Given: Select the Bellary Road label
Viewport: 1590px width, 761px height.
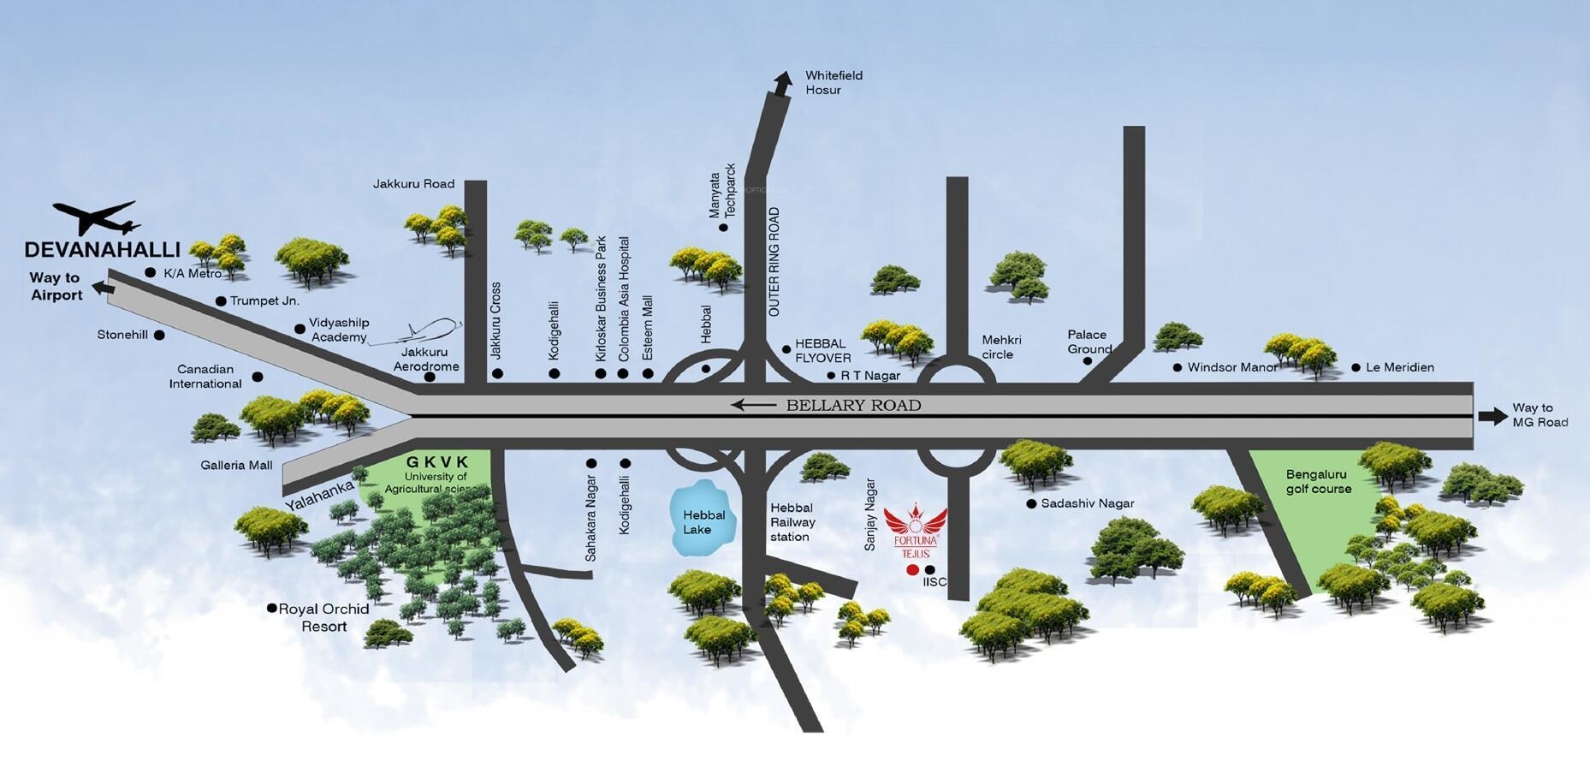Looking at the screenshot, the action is pos(853,405).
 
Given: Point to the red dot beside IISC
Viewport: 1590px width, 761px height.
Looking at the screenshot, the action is pos(912,570).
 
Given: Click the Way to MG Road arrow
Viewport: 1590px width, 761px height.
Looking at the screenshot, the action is pos(1492,416).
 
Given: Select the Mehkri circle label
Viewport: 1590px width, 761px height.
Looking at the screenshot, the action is pos(998,347).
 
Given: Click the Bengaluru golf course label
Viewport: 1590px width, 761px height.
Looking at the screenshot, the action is pos(1319,481).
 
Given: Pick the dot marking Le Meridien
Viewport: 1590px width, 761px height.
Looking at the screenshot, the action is pos(1356,368).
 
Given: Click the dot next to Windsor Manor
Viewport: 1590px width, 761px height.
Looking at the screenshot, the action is pos(1178,368).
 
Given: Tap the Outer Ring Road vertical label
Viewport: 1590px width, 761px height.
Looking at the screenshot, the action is pos(774,263).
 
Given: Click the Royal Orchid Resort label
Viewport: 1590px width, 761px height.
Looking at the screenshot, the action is pos(323,617).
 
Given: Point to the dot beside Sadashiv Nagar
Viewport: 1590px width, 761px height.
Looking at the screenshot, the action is pos(1031,504).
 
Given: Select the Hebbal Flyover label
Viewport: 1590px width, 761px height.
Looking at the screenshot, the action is pos(823,351).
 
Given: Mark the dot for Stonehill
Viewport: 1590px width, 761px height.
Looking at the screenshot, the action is pos(159,335).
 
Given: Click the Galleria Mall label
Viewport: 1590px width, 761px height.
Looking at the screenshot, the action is pos(236,466).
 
